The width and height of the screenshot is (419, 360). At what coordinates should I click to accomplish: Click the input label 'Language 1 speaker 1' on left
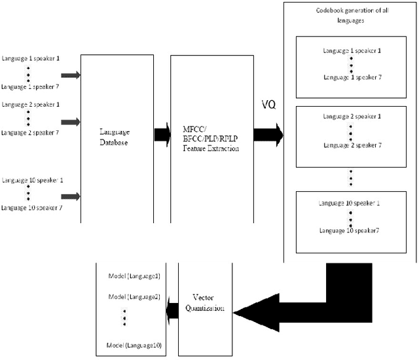31,58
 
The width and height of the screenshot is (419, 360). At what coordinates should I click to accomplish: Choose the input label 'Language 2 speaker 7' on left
31,132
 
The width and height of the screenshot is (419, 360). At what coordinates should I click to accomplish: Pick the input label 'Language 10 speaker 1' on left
32,179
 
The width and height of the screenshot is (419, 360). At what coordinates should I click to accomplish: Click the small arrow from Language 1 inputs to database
71,75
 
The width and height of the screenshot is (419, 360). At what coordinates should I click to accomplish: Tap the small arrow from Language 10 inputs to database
71,196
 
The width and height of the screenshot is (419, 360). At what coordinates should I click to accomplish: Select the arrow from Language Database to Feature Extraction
162,135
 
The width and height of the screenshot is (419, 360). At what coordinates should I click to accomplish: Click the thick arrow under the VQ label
269,135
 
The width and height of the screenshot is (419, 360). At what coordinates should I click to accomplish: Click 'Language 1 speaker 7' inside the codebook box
352,77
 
